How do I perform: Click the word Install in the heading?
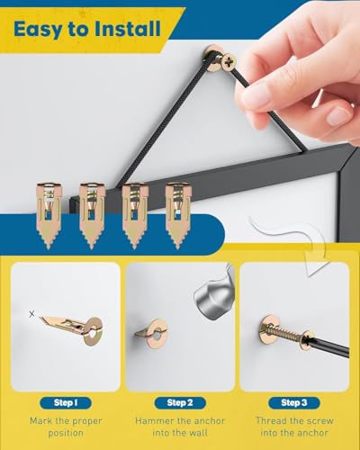(x=128, y=29)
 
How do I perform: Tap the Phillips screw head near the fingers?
(x=229, y=62)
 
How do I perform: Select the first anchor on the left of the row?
(x=49, y=215)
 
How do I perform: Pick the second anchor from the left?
(x=92, y=215)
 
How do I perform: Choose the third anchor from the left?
(x=135, y=215)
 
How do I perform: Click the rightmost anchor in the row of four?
(x=178, y=215)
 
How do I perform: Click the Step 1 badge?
(x=66, y=403)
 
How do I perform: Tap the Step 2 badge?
(x=180, y=403)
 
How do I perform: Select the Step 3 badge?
(x=294, y=403)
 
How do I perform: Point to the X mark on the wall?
(x=31, y=314)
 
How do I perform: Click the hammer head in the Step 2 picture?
(x=214, y=295)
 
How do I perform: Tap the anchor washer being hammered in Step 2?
(x=157, y=334)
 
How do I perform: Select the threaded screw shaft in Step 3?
(x=287, y=335)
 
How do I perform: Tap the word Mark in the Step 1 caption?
(x=40, y=421)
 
